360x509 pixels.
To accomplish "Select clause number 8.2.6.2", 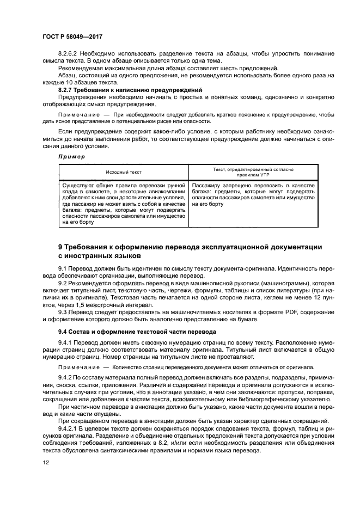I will (69, 53).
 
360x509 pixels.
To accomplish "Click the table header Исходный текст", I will (124, 172).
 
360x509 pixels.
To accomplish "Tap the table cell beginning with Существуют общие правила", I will (124, 204).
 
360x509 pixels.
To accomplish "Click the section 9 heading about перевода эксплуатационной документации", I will (190, 251).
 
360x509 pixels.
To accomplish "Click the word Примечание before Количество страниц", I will (75, 367).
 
